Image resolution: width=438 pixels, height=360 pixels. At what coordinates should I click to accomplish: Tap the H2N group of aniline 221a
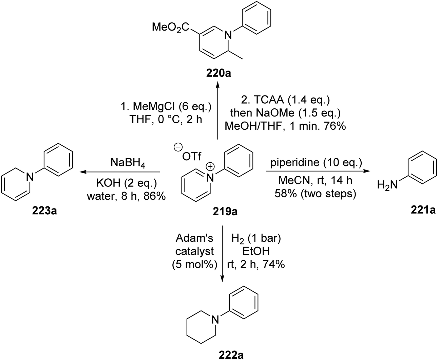pyautogui.click(x=387, y=185)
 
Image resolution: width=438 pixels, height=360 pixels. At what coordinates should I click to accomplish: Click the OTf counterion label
pyautogui.click(x=192, y=157)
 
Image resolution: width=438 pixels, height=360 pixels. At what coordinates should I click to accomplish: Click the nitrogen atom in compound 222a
pyautogui.click(x=214, y=319)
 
